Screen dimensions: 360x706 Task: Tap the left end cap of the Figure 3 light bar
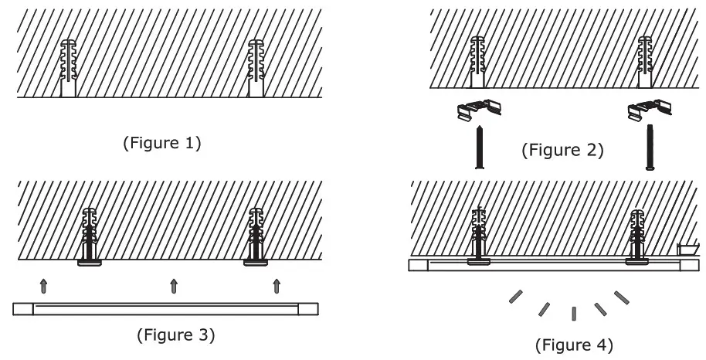tap(23, 309)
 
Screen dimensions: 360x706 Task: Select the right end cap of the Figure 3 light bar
tap(309, 309)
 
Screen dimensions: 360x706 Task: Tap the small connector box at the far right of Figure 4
tap(684, 249)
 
